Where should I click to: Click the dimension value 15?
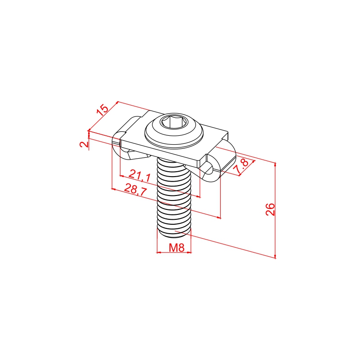[102, 110]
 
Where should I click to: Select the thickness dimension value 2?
[84, 144]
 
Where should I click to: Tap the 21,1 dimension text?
[140, 175]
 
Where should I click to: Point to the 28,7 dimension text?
[135, 189]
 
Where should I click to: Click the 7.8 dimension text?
[241, 166]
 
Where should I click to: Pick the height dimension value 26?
[270, 209]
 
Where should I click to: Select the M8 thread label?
[177, 248]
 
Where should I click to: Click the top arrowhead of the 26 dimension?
[275, 164]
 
